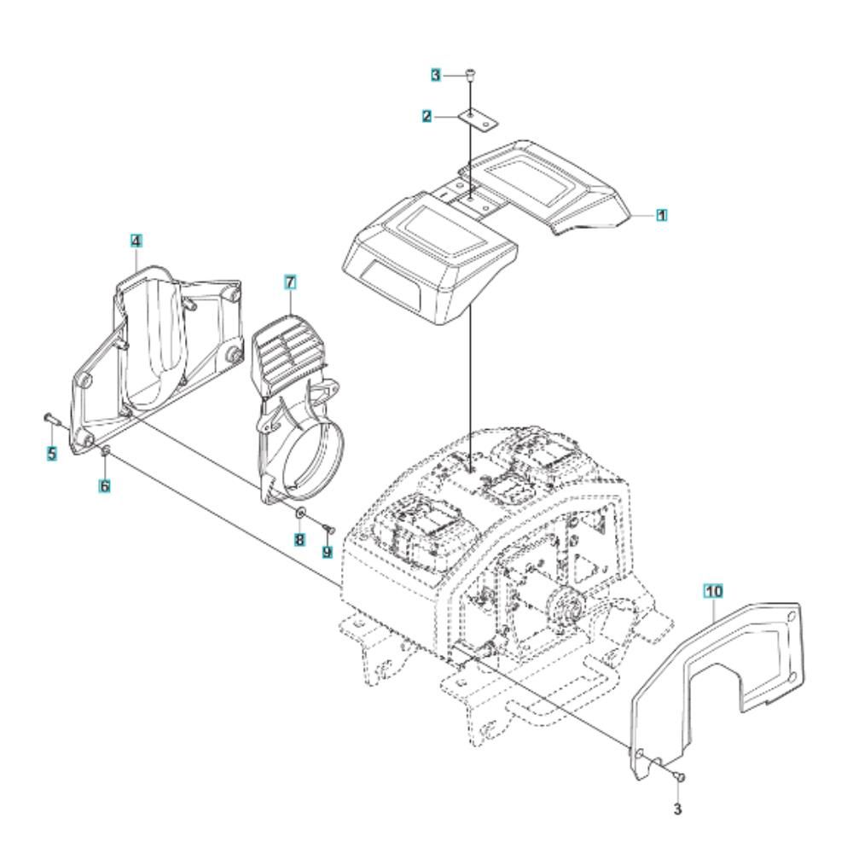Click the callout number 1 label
[662, 216]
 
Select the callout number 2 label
[427, 116]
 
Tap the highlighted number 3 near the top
[436, 75]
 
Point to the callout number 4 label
[136, 241]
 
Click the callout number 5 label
[52, 453]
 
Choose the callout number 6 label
[104, 485]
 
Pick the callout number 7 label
[290, 282]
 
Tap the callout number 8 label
[299, 540]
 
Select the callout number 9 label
[327, 552]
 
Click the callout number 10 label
[714, 590]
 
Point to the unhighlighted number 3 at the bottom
[677, 809]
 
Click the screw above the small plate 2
[471, 75]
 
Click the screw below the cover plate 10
[678, 779]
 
